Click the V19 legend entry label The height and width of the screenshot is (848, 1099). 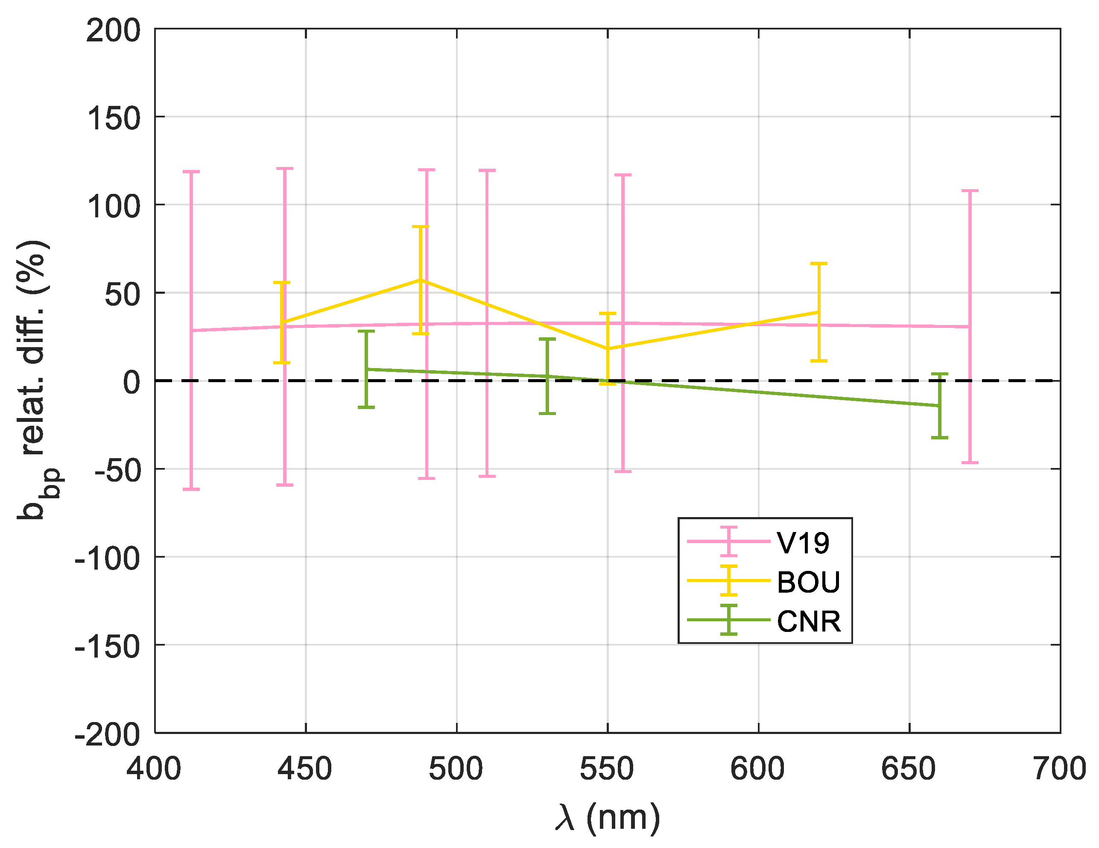tap(803, 543)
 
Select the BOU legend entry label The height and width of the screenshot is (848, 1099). tap(808, 582)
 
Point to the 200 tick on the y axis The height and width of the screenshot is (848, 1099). tap(113, 31)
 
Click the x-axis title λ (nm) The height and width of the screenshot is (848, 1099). tap(608, 818)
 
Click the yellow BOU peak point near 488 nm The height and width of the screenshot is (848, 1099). tap(420, 280)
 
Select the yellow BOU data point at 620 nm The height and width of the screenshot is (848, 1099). tap(819, 312)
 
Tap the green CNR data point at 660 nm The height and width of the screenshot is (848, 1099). tap(939, 405)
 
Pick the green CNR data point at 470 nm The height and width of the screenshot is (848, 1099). tap(366, 369)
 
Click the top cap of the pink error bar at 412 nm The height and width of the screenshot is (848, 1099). tap(191, 172)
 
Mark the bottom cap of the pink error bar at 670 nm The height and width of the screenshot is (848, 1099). tap(970, 462)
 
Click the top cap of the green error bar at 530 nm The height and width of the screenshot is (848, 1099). tap(547, 339)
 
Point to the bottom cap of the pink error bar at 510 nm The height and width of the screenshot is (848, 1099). tap(487, 476)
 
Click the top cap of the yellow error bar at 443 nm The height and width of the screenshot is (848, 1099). tap(282, 282)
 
